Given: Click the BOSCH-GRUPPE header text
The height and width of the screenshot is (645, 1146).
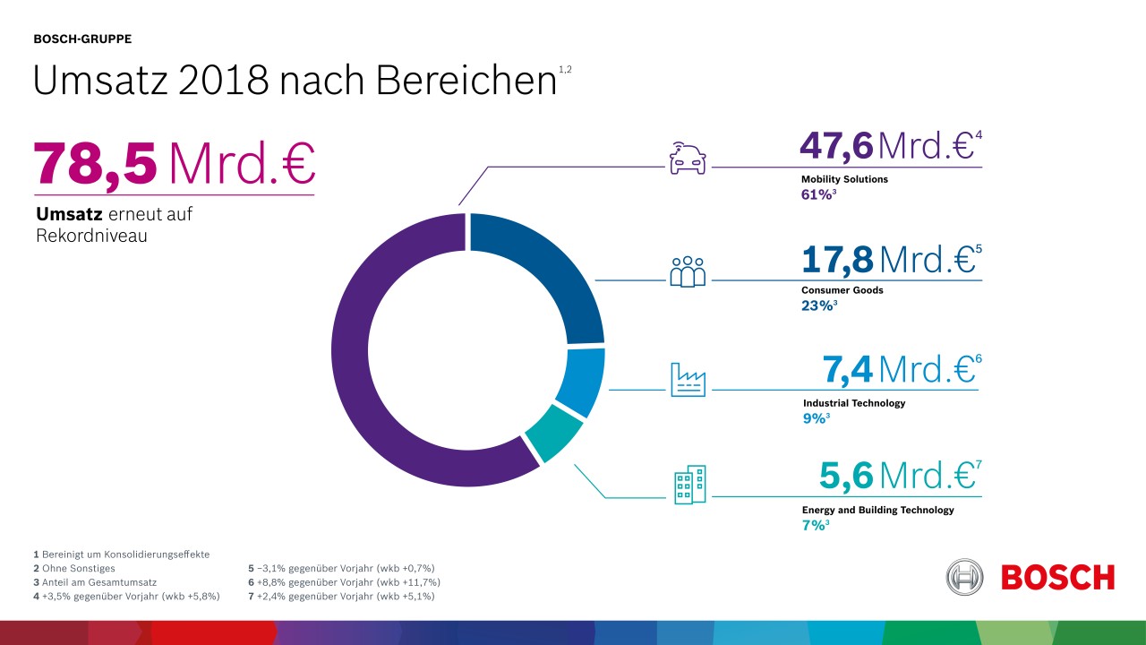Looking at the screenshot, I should point(82,39).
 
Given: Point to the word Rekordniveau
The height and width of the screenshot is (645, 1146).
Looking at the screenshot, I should point(90,236).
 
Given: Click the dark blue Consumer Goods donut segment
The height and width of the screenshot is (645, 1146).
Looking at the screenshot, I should point(555,269).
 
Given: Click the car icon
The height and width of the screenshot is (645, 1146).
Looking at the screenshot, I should point(688,158).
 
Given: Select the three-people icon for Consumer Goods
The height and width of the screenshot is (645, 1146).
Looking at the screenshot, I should point(688,271).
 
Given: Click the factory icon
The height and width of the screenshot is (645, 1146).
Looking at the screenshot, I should point(688,380).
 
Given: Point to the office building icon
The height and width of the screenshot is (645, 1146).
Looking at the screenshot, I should point(689,484).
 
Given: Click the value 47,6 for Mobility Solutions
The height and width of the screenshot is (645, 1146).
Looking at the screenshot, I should point(835,146).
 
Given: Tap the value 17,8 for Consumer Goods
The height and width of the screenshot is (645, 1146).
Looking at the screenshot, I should point(837,260).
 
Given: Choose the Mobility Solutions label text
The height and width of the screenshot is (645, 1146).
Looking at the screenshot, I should point(844,179).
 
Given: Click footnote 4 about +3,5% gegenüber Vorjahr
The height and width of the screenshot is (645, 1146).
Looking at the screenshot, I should point(126,597).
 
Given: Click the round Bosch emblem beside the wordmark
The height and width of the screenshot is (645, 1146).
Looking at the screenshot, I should point(964,577).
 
